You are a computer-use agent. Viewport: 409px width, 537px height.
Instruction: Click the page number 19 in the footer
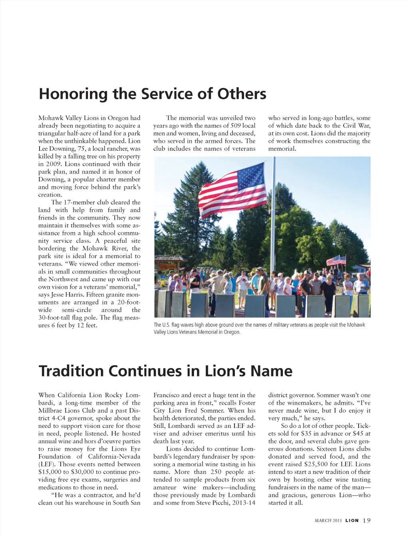tap(367, 520)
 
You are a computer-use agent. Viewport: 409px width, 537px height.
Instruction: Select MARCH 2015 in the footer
tap(328, 521)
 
